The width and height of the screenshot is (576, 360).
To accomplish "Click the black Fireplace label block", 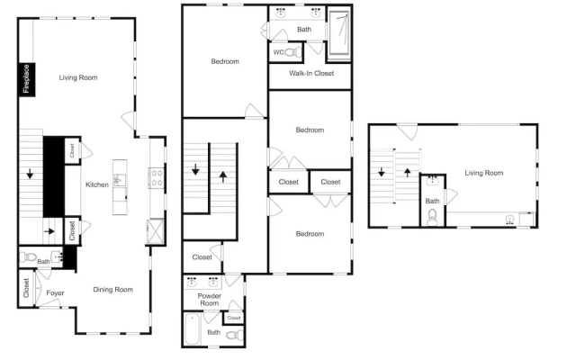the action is click(27, 80).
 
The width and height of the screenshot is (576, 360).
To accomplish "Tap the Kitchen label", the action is click(97, 184).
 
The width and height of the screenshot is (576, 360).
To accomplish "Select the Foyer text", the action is click(55, 293).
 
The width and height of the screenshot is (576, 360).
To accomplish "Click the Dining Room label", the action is click(112, 290).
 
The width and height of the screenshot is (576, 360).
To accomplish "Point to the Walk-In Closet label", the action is click(311, 74).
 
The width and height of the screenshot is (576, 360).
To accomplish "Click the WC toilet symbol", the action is click(292, 52).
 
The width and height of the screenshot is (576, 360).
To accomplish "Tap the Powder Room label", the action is click(210, 300).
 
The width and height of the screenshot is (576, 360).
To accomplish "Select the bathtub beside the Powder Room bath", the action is click(192, 328).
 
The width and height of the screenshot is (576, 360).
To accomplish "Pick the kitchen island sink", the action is click(119, 180).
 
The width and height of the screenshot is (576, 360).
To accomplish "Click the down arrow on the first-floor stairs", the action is click(30, 174).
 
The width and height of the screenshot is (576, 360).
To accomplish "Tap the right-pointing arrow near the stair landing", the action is click(49, 231).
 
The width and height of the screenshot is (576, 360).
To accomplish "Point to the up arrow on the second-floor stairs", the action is click(223, 176).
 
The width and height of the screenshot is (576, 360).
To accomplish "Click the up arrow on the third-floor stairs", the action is click(407, 172).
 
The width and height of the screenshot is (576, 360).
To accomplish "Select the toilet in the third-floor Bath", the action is click(432, 218).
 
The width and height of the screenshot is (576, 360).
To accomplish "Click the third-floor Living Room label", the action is click(484, 173).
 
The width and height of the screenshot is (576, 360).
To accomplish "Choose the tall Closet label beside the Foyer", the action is click(26, 288).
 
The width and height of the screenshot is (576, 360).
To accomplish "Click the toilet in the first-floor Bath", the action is click(28, 256).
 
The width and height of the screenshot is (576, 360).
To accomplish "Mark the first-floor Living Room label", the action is click(78, 77).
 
